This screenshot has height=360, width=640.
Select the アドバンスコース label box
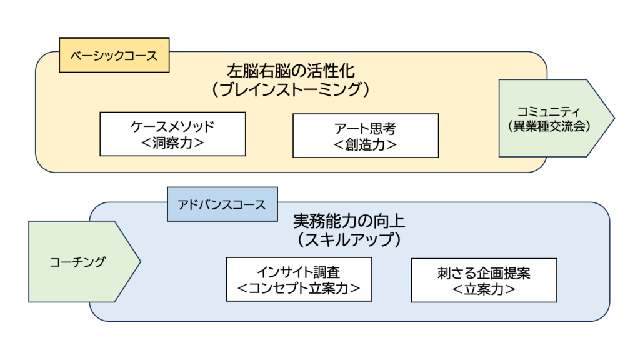(x=222, y=204)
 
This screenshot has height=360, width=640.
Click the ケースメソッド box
(x=172, y=134)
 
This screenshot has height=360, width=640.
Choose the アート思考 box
(x=366, y=136)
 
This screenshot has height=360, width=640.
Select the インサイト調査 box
(x=299, y=279)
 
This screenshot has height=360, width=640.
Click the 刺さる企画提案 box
(x=484, y=280)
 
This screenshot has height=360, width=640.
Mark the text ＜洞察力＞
(x=172, y=143)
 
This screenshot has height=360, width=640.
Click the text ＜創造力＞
(x=366, y=145)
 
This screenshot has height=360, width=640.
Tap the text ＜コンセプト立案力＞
(x=299, y=289)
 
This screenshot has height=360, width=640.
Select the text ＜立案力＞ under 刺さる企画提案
(x=484, y=289)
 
